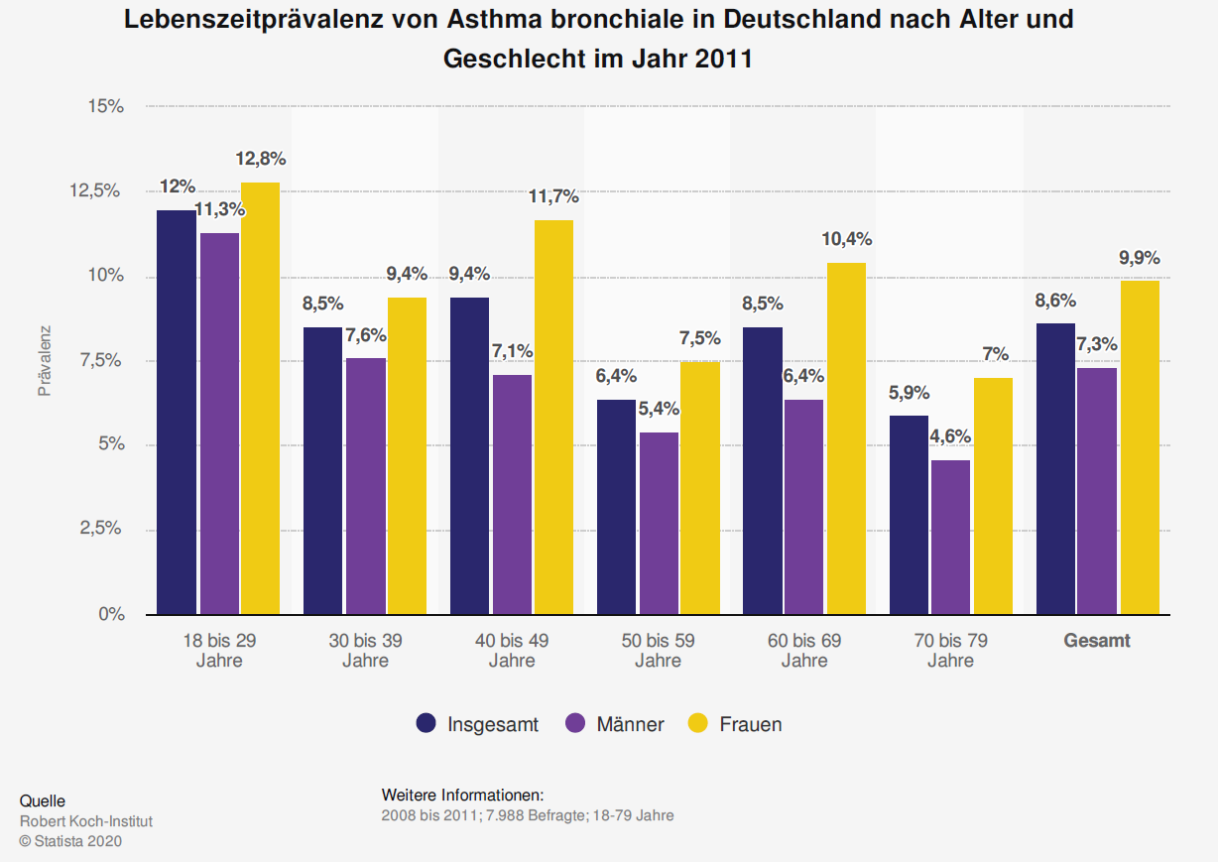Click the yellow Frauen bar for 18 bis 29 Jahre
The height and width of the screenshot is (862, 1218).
tap(260, 397)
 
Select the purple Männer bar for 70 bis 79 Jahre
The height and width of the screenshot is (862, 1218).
tap(949, 537)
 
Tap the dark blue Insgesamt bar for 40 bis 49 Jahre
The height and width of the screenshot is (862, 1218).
tap(470, 455)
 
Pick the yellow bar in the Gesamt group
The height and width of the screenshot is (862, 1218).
tap(1140, 446)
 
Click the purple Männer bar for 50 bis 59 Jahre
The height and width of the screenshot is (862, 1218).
tap(659, 523)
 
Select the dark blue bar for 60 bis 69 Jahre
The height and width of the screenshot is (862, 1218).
tap(763, 470)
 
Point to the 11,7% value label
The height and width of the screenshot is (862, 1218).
tap(553, 197)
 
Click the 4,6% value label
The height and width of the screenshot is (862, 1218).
tap(950, 436)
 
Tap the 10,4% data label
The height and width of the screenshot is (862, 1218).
tap(846, 239)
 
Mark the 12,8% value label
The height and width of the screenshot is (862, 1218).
tap(261, 159)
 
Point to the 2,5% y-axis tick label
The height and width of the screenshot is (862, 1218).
tap(102, 530)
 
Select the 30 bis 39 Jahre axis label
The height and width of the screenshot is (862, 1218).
tap(365, 651)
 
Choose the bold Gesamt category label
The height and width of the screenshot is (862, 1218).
tap(1097, 641)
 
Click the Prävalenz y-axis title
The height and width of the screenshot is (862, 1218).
tap(45, 360)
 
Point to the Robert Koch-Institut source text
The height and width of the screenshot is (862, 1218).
tap(86, 821)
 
